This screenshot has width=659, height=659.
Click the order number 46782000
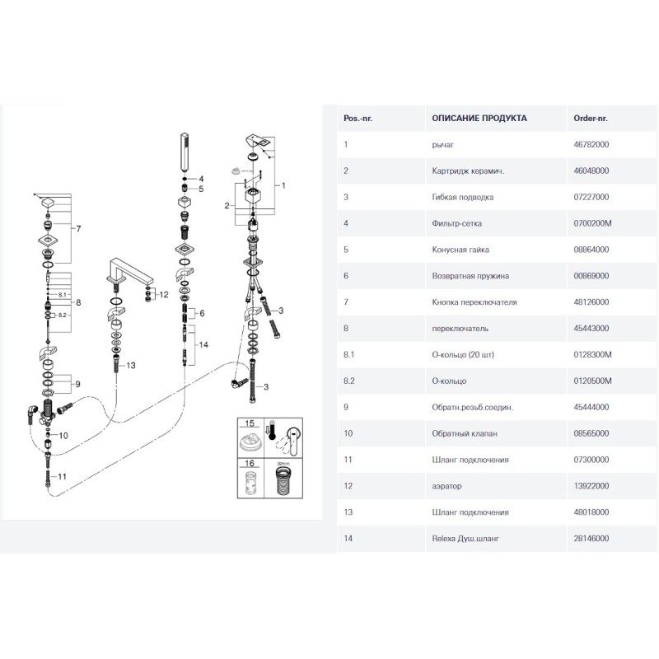(591, 144)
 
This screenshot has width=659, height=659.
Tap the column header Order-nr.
(590, 118)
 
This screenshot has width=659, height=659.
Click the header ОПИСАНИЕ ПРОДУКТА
(479, 118)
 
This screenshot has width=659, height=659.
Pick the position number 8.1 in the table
(348, 354)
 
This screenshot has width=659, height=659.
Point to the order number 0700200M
(591, 223)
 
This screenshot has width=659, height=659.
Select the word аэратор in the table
(446, 486)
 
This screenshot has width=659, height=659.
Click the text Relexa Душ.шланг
(466, 538)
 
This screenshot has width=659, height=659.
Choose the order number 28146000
(591, 538)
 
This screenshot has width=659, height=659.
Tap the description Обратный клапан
(464, 433)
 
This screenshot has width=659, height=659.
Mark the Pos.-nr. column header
(358, 118)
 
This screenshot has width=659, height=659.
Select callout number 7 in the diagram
(78, 228)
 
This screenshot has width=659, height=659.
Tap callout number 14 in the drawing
(203, 344)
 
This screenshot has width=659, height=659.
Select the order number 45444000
(591, 407)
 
